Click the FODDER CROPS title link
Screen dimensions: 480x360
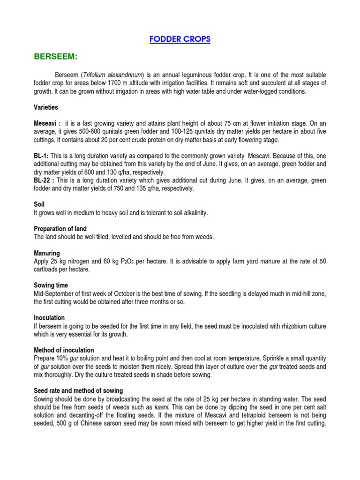[x=180, y=39]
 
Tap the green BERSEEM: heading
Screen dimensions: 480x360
[x=55, y=57]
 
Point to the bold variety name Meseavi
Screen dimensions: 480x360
[x=46, y=124]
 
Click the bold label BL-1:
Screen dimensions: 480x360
[x=41, y=156]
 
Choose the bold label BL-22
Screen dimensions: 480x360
[x=44, y=180]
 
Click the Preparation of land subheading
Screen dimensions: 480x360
[x=60, y=229]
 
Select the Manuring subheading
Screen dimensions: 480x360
[x=47, y=253]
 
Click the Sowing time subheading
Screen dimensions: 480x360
[x=51, y=285]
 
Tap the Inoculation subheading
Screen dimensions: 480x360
[x=49, y=318]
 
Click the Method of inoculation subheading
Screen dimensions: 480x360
[x=64, y=350]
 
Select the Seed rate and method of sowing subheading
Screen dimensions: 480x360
[x=78, y=390]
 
